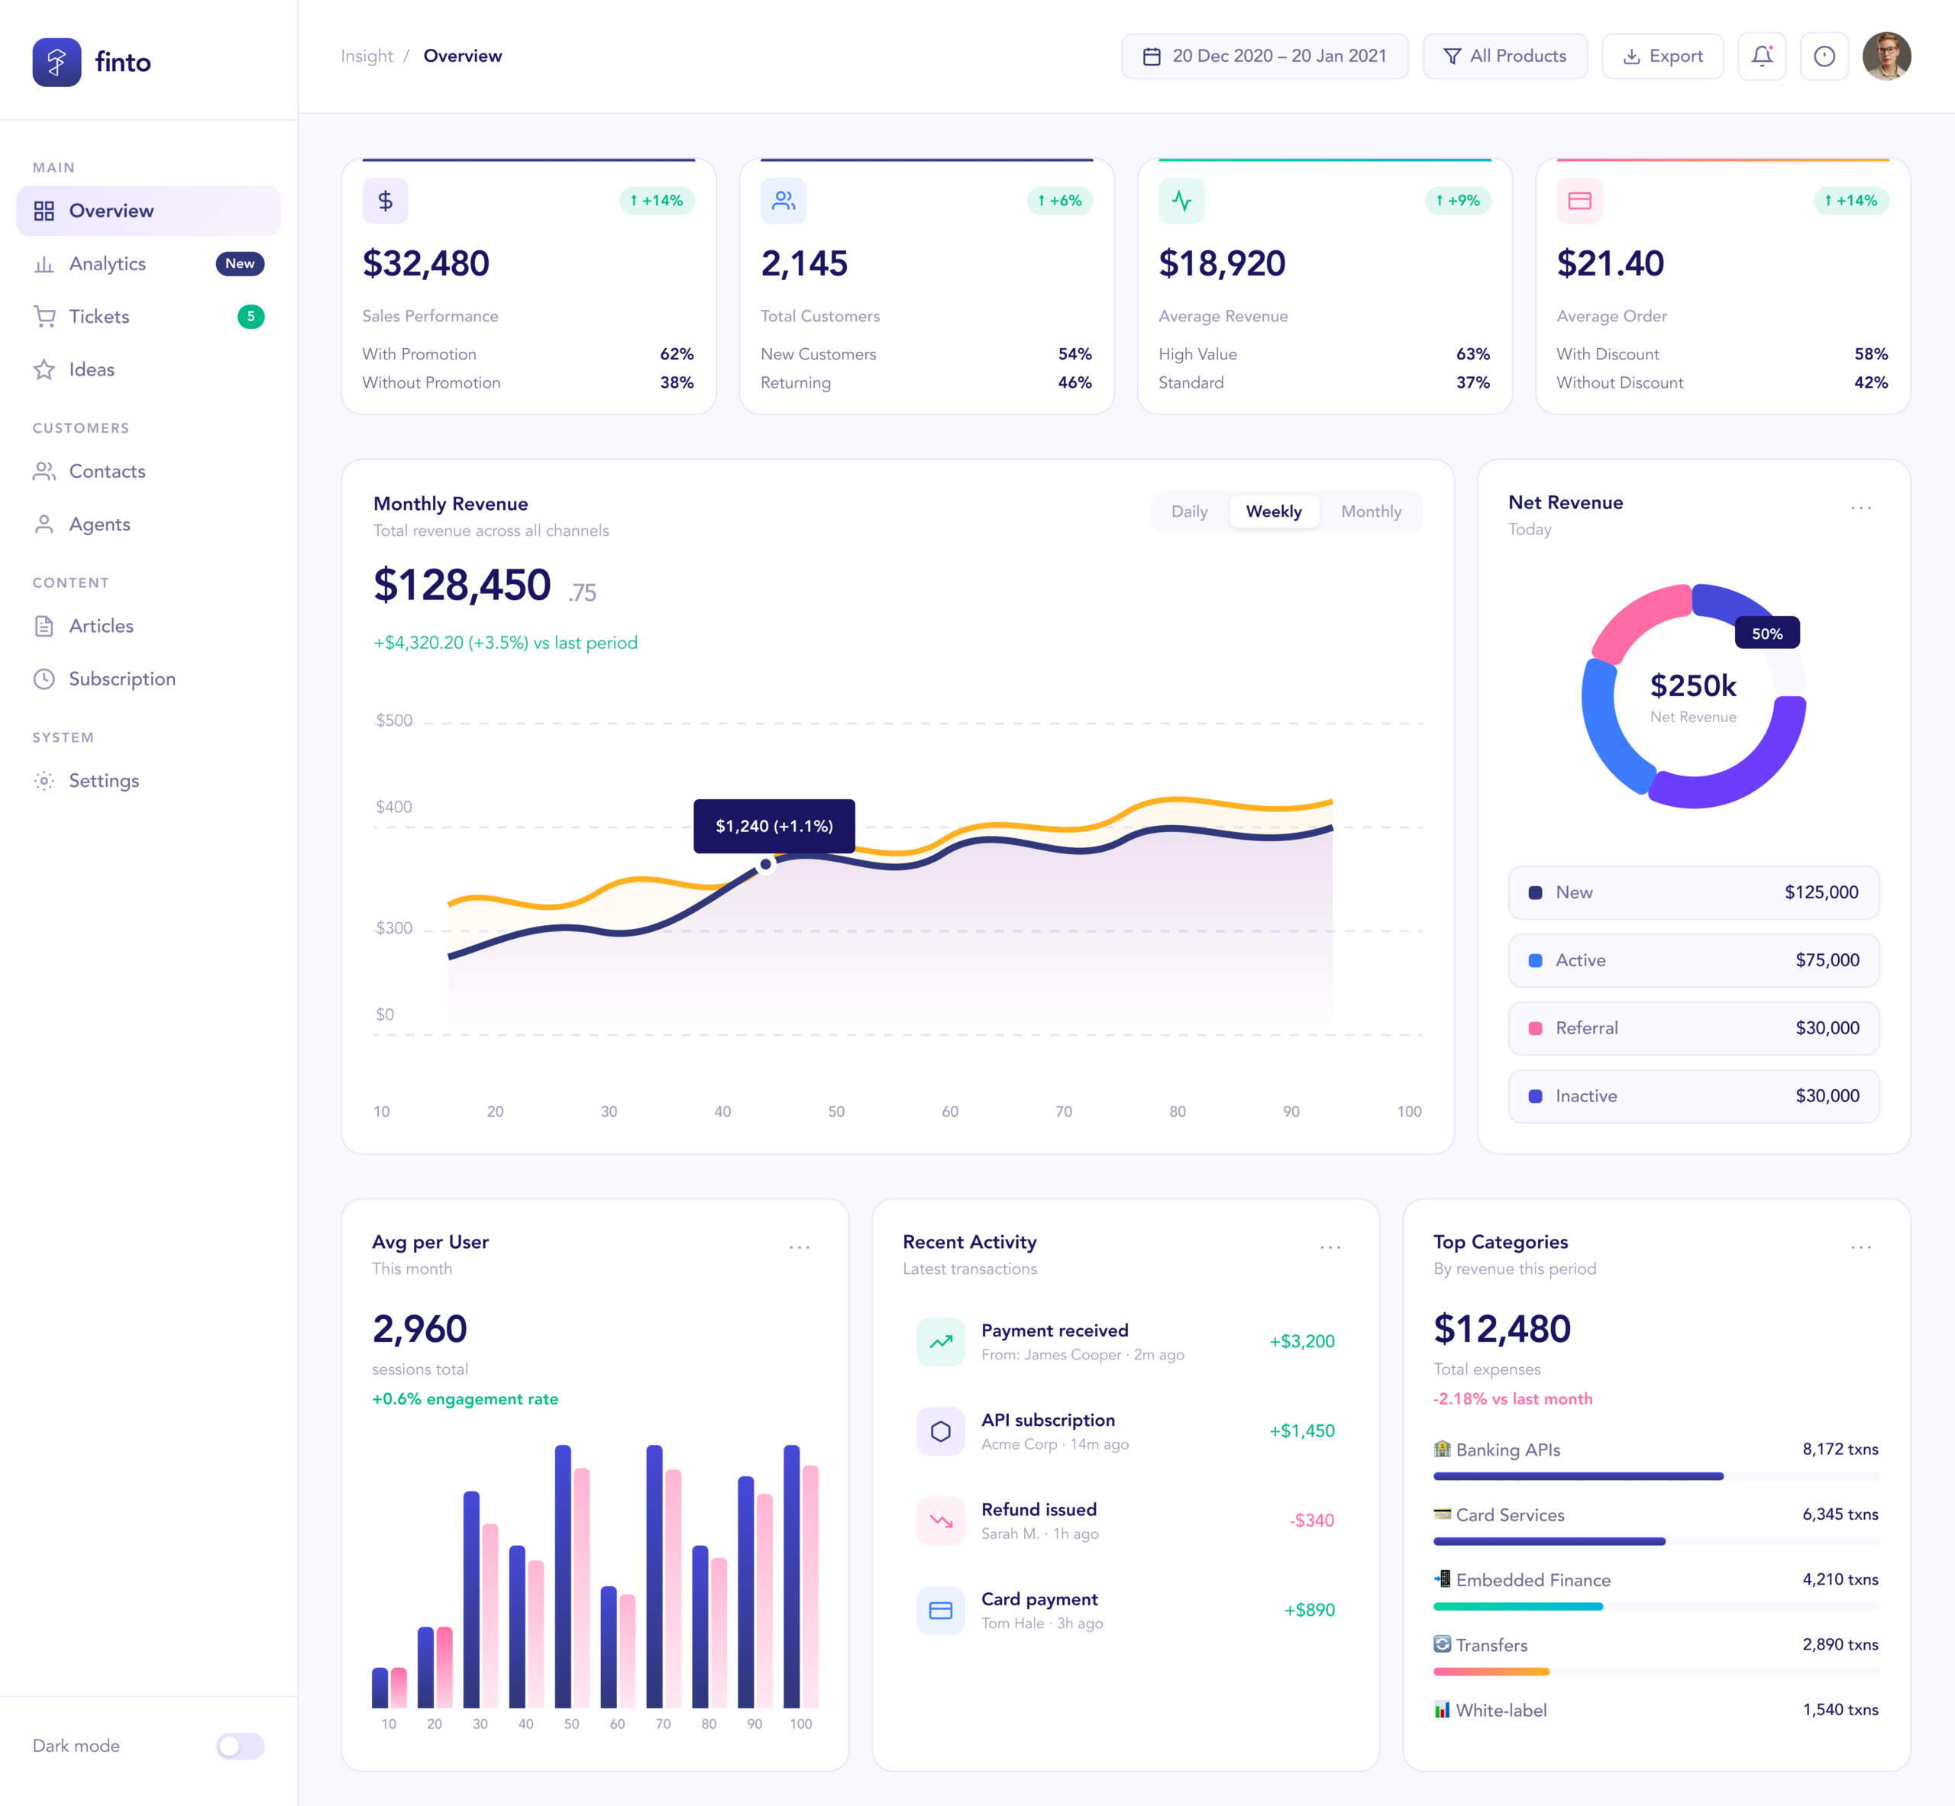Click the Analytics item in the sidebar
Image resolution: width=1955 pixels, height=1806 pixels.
pos(108,264)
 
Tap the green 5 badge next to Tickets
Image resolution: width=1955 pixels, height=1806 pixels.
pos(250,317)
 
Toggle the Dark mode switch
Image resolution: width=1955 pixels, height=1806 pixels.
pos(240,1746)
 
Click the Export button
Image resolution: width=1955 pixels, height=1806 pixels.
pos(1663,56)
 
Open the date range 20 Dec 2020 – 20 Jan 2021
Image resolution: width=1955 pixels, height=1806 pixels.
pos(1265,56)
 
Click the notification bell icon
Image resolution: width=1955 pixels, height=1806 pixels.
pos(1762,56)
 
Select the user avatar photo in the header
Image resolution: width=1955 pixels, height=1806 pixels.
pos(1886,56)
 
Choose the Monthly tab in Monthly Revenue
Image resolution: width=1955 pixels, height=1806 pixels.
pos(1371,511)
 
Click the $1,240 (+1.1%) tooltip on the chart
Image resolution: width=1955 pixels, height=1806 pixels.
pos(774,826)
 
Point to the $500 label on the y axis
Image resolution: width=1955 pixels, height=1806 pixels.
pos(394,721)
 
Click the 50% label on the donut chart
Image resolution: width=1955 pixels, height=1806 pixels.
pos(1766,634)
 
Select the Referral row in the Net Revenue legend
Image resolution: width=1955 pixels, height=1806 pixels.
pos(1693,1028)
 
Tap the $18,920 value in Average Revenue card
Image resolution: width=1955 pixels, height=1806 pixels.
pos(1222,264)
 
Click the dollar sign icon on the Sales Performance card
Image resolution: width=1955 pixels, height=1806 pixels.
pos(385,200)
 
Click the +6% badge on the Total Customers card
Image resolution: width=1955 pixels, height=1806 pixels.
pos(1060,200)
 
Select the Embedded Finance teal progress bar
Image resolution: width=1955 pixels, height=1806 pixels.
pos(1517,1607)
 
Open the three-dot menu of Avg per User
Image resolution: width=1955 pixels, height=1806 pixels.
pos(800,1247)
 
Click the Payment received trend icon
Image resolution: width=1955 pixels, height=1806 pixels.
pos(940,1342)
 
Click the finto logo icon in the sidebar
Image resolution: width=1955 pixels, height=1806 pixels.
pos(57,63)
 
